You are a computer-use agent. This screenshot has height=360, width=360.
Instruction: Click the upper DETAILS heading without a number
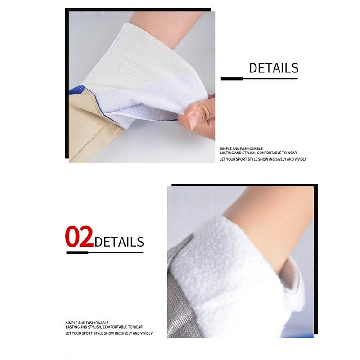(274, 68)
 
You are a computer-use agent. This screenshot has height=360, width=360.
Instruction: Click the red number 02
(79, 237)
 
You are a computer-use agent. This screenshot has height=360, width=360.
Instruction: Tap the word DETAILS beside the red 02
(119, 242)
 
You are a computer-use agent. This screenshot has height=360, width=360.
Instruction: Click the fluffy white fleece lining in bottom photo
(229, 275)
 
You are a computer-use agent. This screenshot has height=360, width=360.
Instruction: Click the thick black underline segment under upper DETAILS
(232, 79)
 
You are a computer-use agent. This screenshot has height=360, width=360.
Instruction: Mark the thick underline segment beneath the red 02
(77, 252)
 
